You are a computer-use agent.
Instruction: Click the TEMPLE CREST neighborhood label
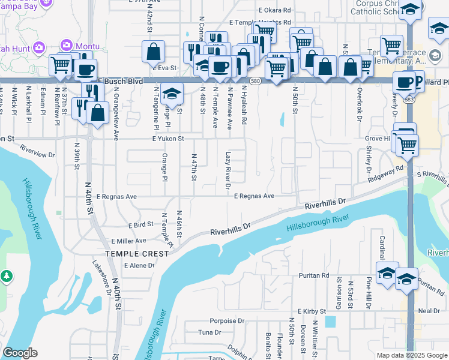pos(137,254)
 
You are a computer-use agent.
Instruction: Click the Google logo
pos(20,353)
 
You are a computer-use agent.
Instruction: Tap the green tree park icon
pos(7,276)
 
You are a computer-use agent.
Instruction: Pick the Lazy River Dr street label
pos(228,170)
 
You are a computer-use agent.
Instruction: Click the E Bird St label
pos(141,224)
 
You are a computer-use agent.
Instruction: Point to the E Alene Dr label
pos(139,265)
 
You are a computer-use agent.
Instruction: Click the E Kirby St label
pos(312,312)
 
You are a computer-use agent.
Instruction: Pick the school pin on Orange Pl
pos(172,96)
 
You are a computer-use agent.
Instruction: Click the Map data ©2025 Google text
pos(412,355)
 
